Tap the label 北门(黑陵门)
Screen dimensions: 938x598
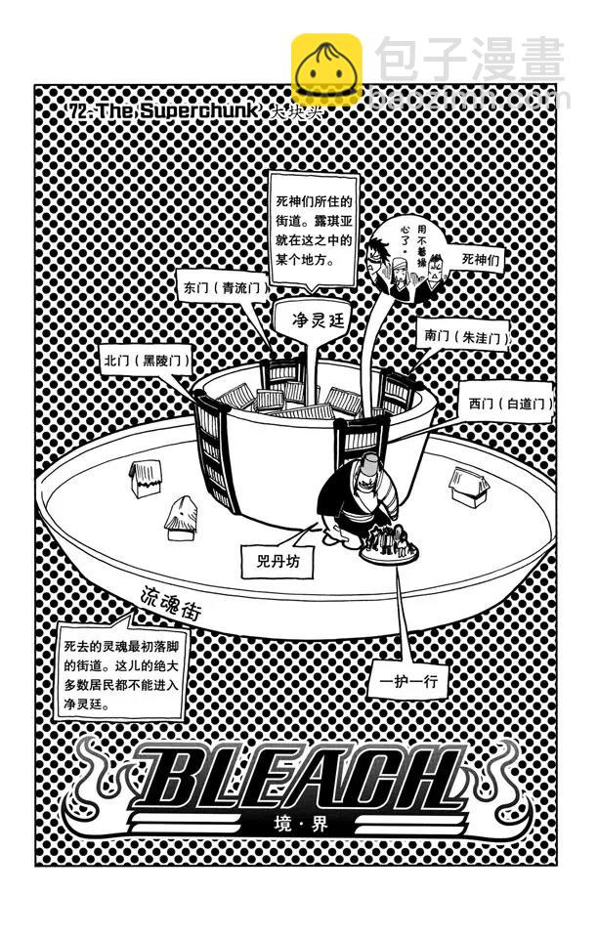click(x=145, y=360)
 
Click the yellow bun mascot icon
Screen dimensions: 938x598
click(x=326, y=68)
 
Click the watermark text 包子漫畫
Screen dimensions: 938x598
click(x=469, y=61)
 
